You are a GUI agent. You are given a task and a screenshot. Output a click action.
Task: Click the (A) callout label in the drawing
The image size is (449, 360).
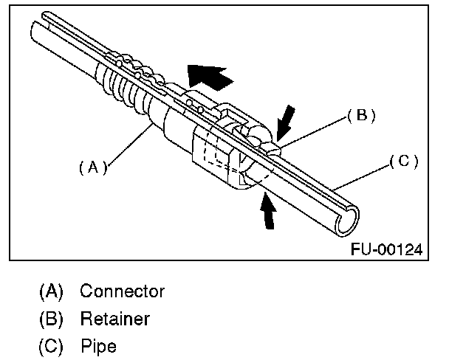pyautogui.click(x=93, y=167)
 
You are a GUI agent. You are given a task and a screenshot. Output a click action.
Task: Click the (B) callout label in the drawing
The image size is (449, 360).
pyautogui.click(x=361, y=115)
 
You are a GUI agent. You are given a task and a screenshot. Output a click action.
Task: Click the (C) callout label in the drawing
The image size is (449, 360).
pyautogui.click(x=404, y=162)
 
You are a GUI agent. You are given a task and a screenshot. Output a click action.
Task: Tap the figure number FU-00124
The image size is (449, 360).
pyautogui.click(x=386, y=249)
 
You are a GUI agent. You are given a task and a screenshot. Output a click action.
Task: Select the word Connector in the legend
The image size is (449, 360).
pyautogui.click(x=123, y=291)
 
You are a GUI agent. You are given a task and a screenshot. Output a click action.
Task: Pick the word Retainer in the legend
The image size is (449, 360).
pyautogui.click(x=114, y=319)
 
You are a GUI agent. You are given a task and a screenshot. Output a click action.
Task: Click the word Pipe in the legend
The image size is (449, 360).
pyautogui.click(x=98, y=346)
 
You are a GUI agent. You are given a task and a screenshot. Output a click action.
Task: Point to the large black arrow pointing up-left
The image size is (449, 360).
pyautogui.click(x=208, y=76)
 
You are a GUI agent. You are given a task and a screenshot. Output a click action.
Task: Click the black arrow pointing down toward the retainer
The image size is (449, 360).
pyautogui.click(x=286, y=122)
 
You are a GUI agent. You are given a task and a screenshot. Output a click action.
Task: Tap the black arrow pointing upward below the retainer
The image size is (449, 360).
pyautogui.click(x=268, y=211)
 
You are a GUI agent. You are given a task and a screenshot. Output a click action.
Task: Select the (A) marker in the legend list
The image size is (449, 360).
pyautogui.click(x=51, y=291)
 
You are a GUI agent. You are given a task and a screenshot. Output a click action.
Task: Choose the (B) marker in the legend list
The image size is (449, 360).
pyautogui.click(x=51, y=319)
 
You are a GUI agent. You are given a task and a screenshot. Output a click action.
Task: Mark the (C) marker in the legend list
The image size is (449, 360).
pyautogui.click(x=51, y=347)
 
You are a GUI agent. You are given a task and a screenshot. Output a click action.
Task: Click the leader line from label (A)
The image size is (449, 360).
pyautogui.click(x=130, y=145)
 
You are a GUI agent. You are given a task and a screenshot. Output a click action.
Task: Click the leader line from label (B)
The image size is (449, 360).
pyautogui.click(x=314, y=131)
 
